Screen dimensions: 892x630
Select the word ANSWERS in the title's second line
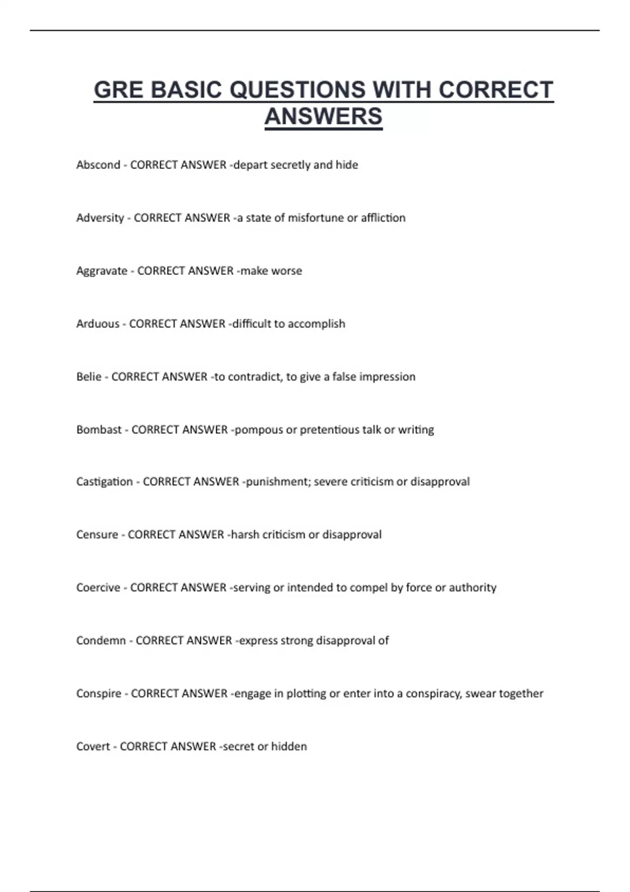323,116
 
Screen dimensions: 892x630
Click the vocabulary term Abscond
98,165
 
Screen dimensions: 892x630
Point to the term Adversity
100,218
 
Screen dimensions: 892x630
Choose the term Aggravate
102,271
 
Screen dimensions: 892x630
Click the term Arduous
98,324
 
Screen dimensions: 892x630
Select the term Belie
89,377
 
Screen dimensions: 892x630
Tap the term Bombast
99,430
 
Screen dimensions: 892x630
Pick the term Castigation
104,482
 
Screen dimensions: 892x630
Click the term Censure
97,535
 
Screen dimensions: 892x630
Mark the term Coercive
98,588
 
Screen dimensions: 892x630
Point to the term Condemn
101,641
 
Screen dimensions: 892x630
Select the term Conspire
99,694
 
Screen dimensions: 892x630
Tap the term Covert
93,747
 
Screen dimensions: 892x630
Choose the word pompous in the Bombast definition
258,430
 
